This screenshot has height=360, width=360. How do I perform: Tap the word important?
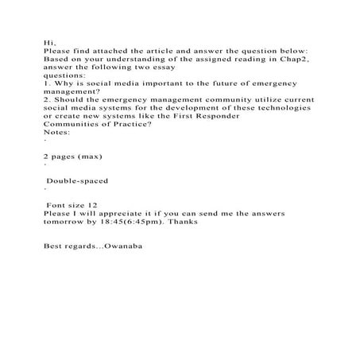[x=151, y=86]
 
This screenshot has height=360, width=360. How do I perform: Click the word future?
[x=213, y=86]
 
